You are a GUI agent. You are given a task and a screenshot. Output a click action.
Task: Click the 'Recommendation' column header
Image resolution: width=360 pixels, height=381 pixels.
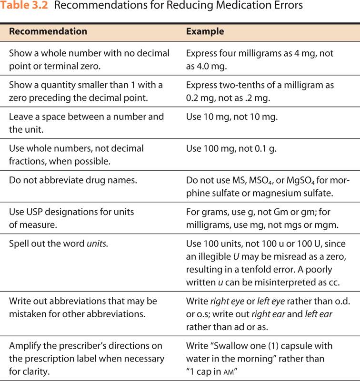point(48,32)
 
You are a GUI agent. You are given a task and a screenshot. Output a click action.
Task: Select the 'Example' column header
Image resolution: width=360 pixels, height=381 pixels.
point(205,32)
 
